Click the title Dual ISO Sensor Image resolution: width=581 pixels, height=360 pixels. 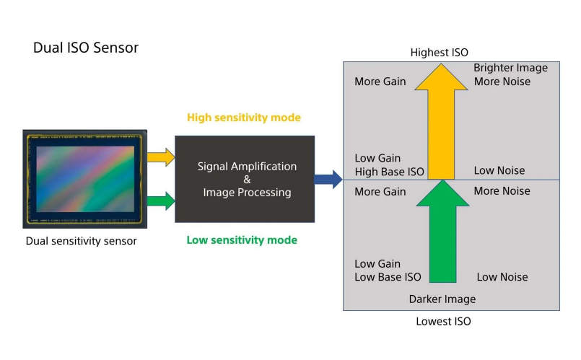[86, 48]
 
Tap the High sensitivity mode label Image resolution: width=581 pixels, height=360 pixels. [243, 117]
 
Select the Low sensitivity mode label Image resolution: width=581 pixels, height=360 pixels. [242, 240]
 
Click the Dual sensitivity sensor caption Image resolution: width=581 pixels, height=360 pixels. [81, 241]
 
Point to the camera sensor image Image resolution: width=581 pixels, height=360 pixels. [85, 177]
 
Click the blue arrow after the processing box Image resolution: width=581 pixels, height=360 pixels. [328, 179]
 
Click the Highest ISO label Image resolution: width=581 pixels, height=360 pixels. [439, 53]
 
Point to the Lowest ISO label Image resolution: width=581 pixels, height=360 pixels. [443, 321]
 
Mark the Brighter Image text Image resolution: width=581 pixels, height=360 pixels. [510, 68]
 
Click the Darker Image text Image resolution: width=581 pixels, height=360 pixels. [442, 299]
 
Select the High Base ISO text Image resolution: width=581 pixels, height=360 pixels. [389, 172]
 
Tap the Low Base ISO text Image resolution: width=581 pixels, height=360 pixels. [388, 277]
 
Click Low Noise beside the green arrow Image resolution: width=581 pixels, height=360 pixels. [502, 277]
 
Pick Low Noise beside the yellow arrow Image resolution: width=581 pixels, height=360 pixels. [499, 171]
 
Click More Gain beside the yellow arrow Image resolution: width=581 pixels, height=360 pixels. [380, 82]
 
